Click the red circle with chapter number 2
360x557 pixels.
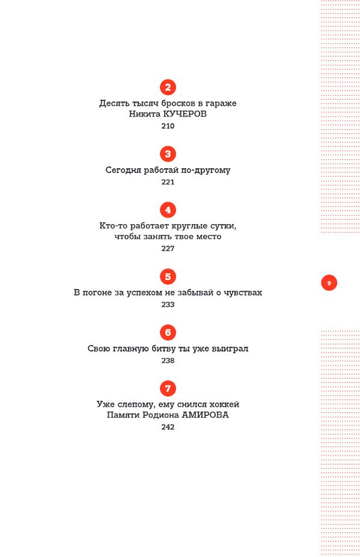(168, 87)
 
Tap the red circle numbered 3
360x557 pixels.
(168, 154)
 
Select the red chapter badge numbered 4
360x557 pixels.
(168, 210)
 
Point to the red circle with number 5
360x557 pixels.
(168, 277)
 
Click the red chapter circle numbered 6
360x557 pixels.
(168, 332)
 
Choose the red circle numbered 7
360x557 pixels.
(168, 388)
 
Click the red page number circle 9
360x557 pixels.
(329, 283)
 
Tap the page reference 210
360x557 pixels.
(168, 126)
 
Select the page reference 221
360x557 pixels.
(168, 182)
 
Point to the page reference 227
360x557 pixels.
(168, 248)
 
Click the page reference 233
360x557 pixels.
(168, 305)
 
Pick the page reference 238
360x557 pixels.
(168, 361)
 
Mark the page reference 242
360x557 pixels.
(168, 427)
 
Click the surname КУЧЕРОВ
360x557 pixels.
(185, 114)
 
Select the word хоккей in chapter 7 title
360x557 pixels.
(224, 404)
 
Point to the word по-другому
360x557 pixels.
(206, 170)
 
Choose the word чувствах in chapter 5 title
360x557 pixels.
(243, 293)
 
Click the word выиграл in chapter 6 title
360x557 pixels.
(230, 349)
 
